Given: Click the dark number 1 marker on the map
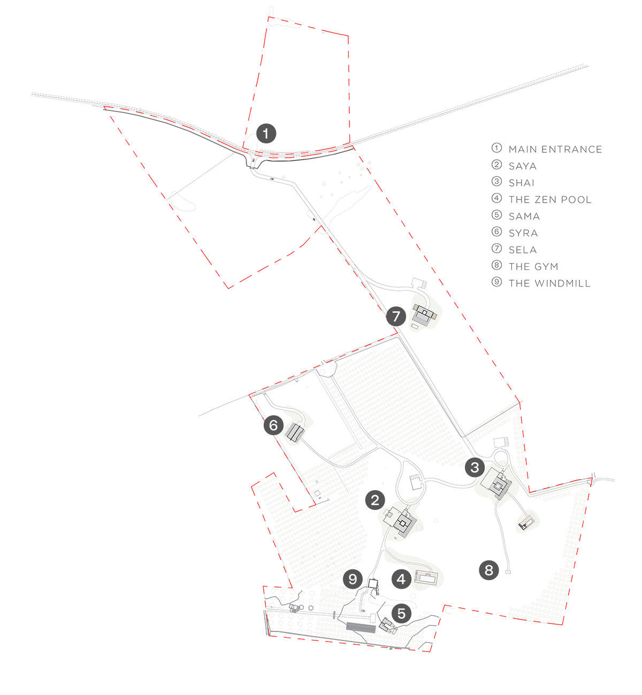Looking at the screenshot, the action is [x=266, y=133].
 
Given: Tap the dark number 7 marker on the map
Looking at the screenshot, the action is [x=396, y=316].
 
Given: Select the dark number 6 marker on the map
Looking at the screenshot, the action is [x=273, y=425].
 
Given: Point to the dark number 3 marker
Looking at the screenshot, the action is [x=475, y=467].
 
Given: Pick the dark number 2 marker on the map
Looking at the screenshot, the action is [x=375, y=500].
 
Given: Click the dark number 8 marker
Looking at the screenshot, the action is [x=488, y=570].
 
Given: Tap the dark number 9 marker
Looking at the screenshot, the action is [x=353, y=579].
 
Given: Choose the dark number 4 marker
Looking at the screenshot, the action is [x=401, y=579].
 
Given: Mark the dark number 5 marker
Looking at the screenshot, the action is [x=401, y=613].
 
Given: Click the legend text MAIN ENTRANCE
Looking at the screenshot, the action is [x=555, y=150].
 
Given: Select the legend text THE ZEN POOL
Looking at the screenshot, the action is [x=550, y=199].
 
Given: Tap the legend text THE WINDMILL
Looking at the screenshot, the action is [x=549, y=283].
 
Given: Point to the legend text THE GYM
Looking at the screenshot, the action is [x=533, y=267].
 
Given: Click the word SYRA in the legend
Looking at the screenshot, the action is [x=523, y=233].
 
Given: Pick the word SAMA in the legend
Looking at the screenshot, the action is [x=524, y=217].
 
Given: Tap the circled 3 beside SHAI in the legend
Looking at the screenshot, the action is [x=496, y=181].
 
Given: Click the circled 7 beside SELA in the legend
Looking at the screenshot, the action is [x=496, y=249].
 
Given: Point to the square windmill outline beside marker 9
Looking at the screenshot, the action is [x=373, y=583].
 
